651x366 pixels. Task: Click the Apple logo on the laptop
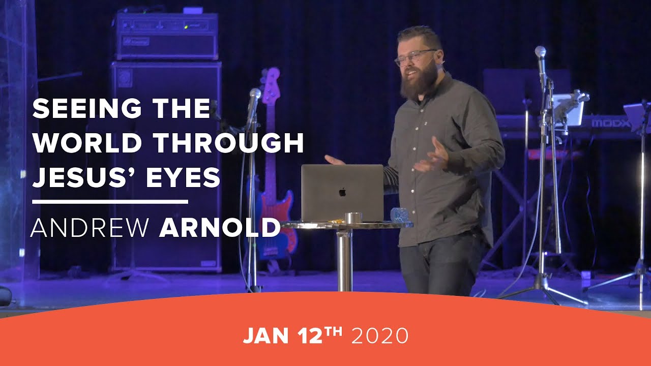(342, 192)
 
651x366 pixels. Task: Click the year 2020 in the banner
(380, 336)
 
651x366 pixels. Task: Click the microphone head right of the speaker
(540, 52)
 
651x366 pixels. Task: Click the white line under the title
(110, 202)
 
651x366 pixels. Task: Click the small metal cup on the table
(352, 218)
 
